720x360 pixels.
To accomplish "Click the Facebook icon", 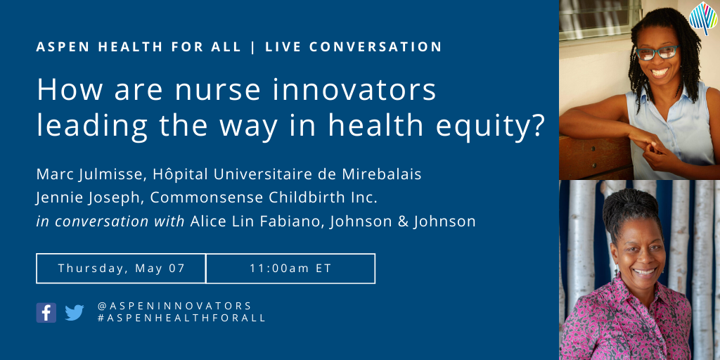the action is click(46, 312).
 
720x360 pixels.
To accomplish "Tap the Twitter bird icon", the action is click(75, 313).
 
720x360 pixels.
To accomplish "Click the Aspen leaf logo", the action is click(703, 18).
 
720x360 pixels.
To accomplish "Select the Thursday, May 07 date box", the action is click(121, 268).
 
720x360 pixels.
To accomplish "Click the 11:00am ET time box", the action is click(290, 268).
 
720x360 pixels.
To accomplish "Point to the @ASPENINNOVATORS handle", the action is click(174, 306).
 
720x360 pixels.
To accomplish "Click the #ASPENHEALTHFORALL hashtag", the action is click(182, 318).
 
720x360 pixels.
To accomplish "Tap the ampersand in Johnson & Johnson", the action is click(404, 221).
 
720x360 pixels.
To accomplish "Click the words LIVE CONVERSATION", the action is click(354, 47).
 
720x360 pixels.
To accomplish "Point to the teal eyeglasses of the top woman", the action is click(657, 52).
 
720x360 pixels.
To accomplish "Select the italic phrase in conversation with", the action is click(110, 221).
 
